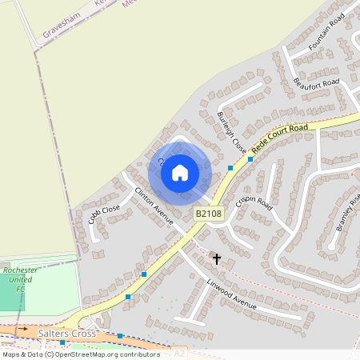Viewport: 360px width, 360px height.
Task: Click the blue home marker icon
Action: [x=180, y=172]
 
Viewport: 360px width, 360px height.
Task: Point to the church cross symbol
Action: [x=216, y=258]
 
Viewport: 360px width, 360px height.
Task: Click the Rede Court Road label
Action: [x=279, y=138]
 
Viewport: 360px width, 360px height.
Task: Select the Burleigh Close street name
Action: [x=231, y=132]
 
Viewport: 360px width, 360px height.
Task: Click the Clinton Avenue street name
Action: [x=154, y=206]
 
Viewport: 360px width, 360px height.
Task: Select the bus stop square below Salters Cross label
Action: [x=62, y=342]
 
